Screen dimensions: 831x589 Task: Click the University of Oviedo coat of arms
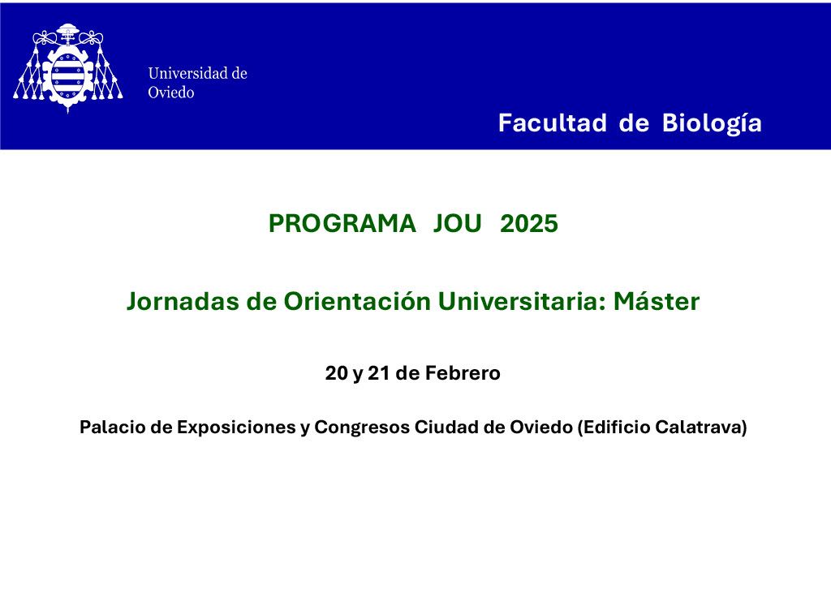[x=68, y=68]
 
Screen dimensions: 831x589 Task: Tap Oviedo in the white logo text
[x=171, y=92]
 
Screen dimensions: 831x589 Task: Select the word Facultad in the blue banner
[x=552, y=123]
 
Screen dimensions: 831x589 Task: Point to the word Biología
[x=712, y=123]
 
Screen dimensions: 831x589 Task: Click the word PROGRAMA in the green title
[x=342, y=223]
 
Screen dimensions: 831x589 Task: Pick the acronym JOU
[x=458, y=223]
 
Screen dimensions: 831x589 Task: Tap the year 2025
[x=529, y=223]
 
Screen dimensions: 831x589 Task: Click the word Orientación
[x=358, y=301]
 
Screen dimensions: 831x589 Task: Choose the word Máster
[x=657, y=301]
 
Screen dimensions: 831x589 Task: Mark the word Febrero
[x=463, y=373]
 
